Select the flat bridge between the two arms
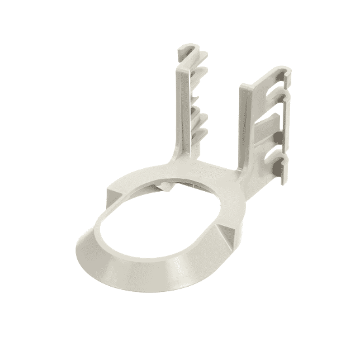[209, 167]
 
